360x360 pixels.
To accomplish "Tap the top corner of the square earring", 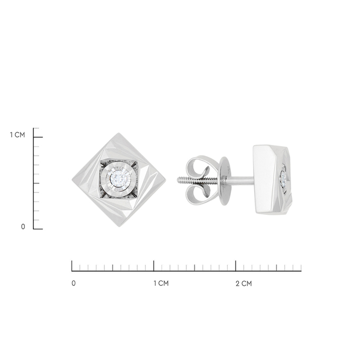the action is [119, 133].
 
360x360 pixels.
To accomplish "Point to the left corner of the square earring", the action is [73, 180].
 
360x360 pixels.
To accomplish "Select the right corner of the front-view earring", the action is [166, 180].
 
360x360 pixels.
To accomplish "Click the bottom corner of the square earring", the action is [119, 227].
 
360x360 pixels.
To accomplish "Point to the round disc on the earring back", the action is [223, 181].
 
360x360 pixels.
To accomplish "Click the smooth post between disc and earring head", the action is [241, 180].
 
